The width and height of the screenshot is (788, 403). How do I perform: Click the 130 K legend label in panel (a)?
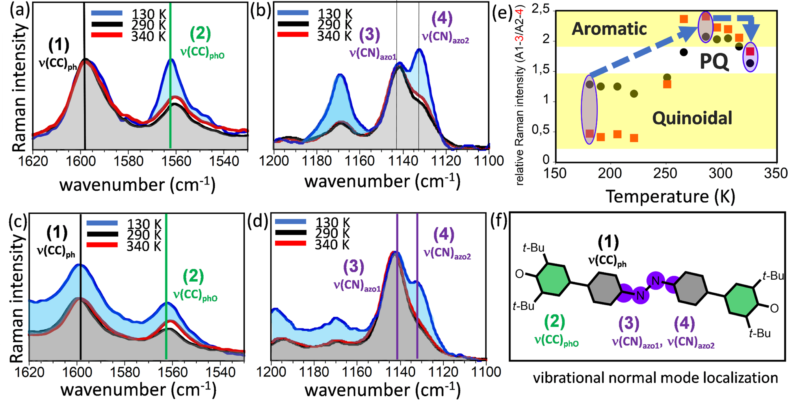[x=149, y=14]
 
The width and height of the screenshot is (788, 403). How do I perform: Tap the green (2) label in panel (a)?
[x=200, y=33]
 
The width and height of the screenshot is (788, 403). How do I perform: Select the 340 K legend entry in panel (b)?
[x=335, y=36]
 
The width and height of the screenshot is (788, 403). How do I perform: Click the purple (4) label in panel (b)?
[x=442, y=18]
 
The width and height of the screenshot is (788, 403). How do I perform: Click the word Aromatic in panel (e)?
[x=609, y=29]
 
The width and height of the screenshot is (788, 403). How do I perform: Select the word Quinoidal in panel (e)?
[x=692, y=118]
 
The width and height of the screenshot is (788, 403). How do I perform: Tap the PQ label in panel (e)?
[x=714, y=62]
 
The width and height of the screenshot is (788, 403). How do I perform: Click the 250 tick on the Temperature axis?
[x=665, y=173]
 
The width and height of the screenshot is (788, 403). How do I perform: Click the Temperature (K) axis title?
[x=670, y=196]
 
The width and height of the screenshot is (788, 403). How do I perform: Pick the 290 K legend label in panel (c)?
[x=144, y=235]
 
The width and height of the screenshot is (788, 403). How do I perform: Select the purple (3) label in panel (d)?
[x=353, y=267]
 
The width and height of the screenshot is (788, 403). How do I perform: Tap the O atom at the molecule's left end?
[x=520, y=274]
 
